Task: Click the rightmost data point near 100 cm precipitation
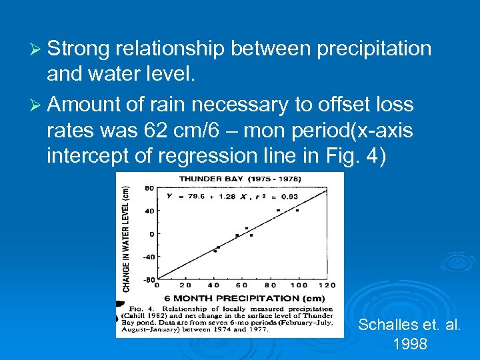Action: coord(297,211)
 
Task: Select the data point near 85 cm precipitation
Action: coord(278,211)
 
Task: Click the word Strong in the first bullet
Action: coord(79,49)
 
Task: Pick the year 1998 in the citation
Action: coord(409,345)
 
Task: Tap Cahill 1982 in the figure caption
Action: coord(160,315)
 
